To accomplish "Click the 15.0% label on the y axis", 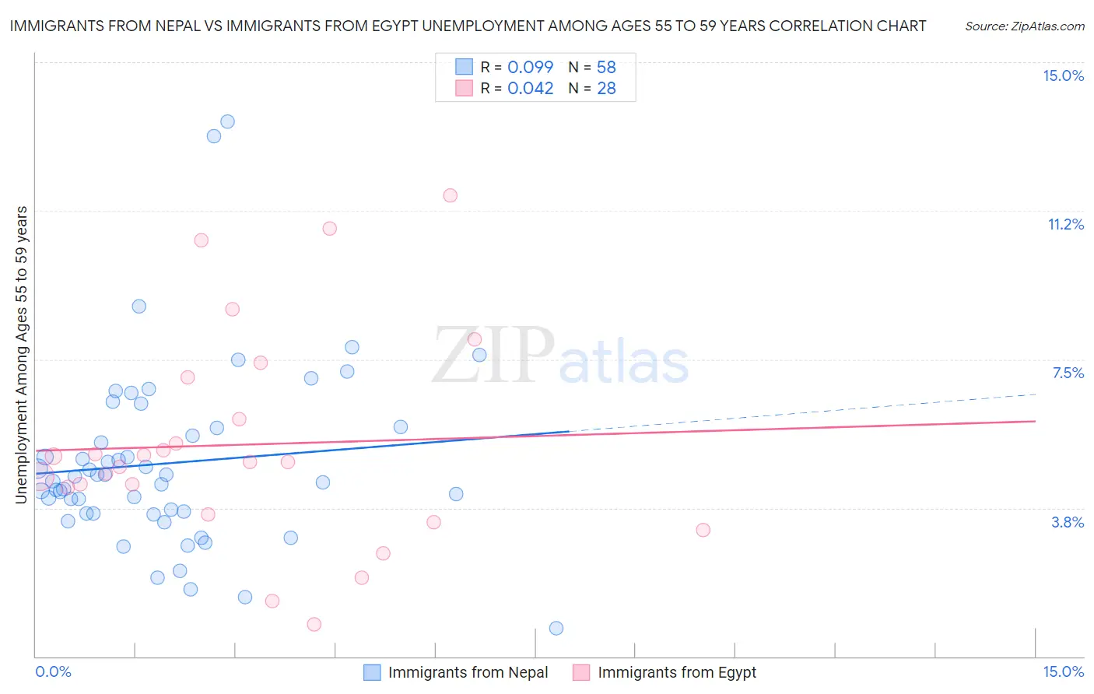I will coord(1063,75).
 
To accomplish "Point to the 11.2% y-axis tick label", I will coord(1065,225).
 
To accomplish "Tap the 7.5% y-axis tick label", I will coord(1068,373).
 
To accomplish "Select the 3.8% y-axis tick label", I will coord(1068,522).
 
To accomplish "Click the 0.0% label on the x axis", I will coord(53,672).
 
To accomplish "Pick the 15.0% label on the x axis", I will coord(1063,672).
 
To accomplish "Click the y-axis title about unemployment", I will coord(21,355).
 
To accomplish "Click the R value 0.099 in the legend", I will coord(530,68).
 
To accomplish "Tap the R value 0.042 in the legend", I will coord(530,89).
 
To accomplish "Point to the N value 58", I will coord(606,68).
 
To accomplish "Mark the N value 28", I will coord(606,89).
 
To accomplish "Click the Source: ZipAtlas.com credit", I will coord(1024,26).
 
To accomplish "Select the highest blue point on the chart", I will coord(227,121).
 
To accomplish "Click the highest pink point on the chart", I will coord(450,195).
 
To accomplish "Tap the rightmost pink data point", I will coord(703,530).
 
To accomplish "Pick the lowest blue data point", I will coord(556,628).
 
